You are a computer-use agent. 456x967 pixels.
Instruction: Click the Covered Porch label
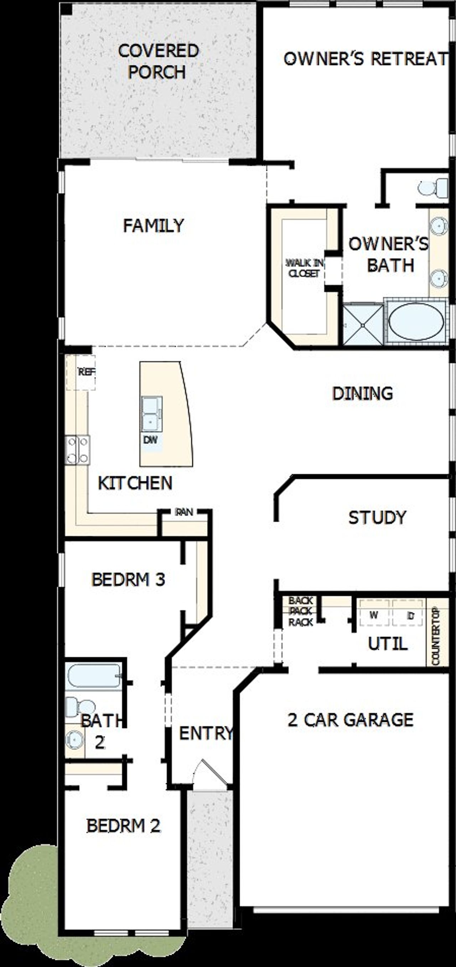point(158,61)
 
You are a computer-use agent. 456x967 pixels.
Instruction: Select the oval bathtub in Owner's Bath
point(416,321)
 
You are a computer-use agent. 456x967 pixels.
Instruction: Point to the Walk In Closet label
point(304,268)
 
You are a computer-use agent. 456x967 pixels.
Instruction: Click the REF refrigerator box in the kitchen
point(85,372)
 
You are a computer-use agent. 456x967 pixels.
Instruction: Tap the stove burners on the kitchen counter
point(77,450)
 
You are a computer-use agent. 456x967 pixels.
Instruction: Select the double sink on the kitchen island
point(151,414)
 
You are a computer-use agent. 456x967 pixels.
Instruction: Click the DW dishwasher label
point(150,440)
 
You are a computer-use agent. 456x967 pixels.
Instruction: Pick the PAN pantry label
point(184,512)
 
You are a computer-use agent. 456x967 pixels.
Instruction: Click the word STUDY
point(377,518)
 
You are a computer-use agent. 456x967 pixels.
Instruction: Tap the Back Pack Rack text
point(301,611)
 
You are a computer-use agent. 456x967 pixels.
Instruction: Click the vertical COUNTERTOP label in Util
point(436,636)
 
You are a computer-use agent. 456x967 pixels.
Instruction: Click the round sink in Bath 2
point(74,739)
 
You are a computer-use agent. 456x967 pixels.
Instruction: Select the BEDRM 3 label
point(128,580)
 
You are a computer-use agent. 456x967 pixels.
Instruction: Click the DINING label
point(362,393)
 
